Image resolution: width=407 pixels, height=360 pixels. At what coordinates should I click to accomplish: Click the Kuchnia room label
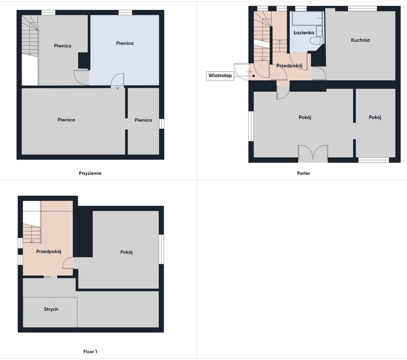360,40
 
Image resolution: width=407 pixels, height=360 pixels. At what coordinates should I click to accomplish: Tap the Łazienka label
303,32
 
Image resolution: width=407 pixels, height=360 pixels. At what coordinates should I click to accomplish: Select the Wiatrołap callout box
220,75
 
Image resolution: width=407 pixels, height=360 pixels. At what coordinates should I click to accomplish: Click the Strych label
51,309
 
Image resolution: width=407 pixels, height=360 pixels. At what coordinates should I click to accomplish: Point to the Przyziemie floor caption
90,173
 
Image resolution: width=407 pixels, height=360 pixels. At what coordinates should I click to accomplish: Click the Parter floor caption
303,173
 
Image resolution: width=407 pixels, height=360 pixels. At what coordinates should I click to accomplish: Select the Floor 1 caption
90,352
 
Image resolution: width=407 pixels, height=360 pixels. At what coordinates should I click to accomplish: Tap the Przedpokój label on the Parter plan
289,66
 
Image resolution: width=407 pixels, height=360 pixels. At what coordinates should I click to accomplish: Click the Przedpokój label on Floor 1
49,251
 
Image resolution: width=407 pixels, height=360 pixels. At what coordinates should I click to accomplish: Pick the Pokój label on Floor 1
126,252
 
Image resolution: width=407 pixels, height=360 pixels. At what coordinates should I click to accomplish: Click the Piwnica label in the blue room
125,43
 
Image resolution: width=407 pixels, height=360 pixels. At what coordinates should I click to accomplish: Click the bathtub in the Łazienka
307,18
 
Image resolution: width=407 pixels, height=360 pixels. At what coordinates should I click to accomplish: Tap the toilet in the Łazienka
317,40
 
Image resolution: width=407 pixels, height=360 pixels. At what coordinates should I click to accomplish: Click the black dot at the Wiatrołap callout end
253,76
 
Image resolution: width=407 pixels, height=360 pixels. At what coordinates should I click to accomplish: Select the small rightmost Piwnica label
143,120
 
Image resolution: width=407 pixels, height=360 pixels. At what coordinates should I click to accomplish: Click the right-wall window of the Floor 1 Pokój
162,249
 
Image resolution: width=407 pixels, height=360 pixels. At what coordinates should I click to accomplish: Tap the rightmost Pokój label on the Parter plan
375,117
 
